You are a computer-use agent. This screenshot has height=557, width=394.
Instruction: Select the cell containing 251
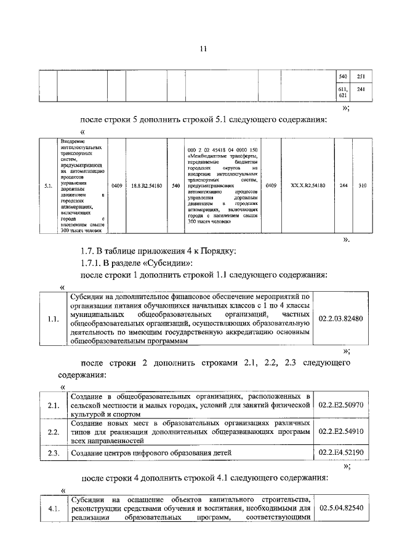tap(361, 76)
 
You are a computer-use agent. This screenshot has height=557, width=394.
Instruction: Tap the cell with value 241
tap(361, 90)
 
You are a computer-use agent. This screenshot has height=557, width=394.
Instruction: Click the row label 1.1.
tap(53, 319)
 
